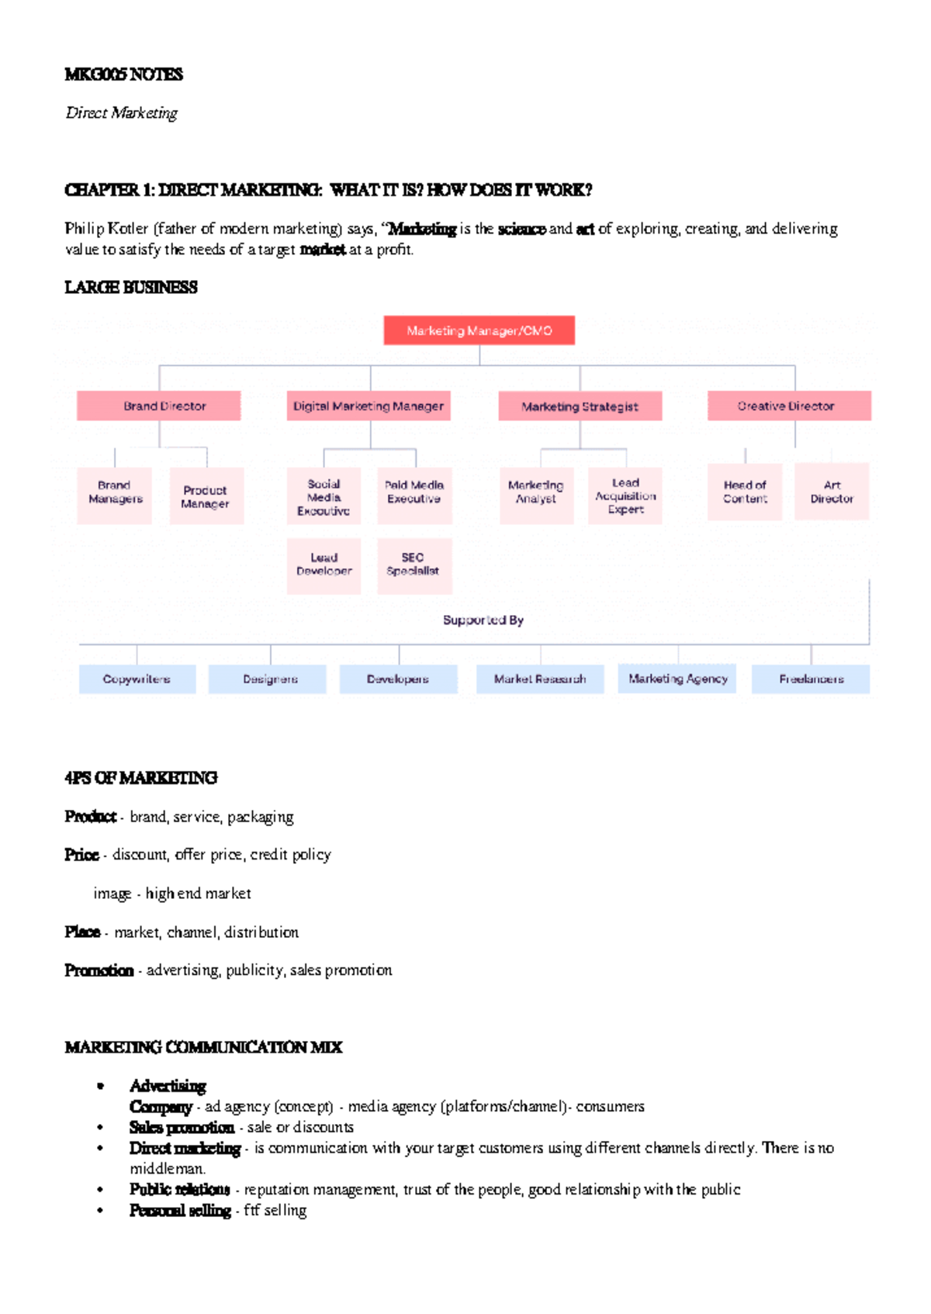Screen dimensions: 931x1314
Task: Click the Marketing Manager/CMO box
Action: (479, 330)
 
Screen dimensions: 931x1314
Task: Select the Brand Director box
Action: (159, 406)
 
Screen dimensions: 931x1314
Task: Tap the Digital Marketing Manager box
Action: (369, 406)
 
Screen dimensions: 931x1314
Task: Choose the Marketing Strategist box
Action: (580, 406)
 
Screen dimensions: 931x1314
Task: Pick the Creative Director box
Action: (789, 406)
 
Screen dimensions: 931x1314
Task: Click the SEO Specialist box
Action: (414, 564)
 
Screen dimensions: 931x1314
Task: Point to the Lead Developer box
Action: (324, 564)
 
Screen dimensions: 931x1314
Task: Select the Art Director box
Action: (832, 492)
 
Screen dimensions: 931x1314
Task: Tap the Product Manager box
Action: (206, 496)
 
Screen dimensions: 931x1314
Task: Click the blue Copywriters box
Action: (137, 679)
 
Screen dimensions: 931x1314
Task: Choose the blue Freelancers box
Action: (811, 679)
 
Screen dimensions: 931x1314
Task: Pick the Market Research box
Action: (540, 679)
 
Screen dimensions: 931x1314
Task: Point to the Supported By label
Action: (483, 620)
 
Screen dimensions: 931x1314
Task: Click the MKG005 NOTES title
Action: (124, 74)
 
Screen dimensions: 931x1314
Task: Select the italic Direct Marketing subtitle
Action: (122, 113)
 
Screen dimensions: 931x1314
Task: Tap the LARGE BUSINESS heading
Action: (131, 288)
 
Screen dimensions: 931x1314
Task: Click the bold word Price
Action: (81, 855)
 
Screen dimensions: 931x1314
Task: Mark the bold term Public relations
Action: (179, 1189)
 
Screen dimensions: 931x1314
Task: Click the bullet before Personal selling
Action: (100, 1210)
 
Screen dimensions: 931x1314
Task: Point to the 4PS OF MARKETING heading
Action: (141, 778)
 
